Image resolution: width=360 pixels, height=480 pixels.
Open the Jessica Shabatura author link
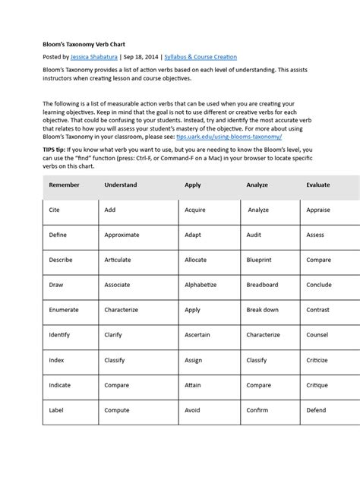(x=94, y=57)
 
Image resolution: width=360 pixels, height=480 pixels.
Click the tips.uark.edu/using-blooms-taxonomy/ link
(x=238, y=139)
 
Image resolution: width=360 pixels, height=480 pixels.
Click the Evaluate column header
(x=317, y=185)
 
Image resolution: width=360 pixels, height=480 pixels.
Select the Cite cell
(x=54, y=210)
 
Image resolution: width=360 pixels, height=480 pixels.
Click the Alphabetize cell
(x=201, y=285)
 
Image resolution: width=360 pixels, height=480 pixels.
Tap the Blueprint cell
(x=261, y=260)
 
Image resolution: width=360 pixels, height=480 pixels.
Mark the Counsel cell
(x=317, y=334)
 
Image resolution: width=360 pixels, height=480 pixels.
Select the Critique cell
(x=317, y=384)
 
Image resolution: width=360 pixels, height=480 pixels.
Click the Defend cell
(x=317, y=409)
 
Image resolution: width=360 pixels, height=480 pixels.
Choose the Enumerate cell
(x=64, y=310)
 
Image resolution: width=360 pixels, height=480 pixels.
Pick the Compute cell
(x=117, y=409)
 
